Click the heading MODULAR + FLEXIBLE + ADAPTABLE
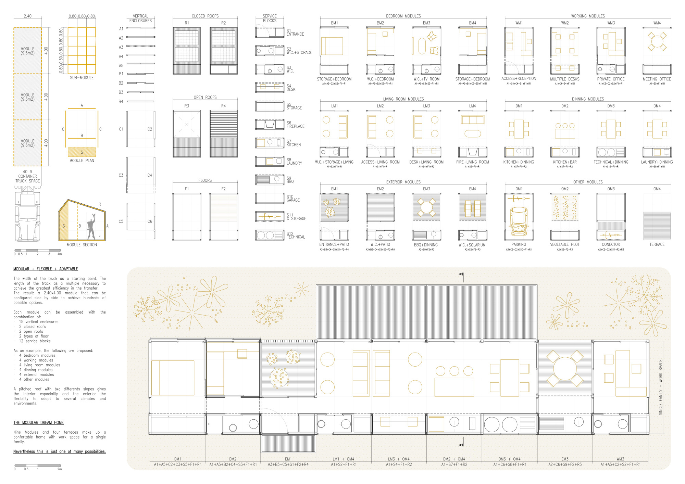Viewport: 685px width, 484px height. pyautogui.click(x=46, y=269)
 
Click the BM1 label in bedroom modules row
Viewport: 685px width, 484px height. pyautogui.click(x=334, y=23)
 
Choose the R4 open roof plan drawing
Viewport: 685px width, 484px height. pyautogui.click(x=223, y=133)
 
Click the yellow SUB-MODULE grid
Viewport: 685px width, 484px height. pyautogui.click(x=82, y=51)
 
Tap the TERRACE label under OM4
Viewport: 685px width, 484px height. pyautogui.click(x=657, y=244)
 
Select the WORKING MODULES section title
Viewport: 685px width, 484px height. pyautogui.click(x=588, y=16)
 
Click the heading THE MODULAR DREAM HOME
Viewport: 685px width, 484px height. pyautogui.click(x=38, y=423)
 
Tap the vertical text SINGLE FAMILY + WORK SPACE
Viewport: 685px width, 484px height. pyautogui.click(x=660, y=387)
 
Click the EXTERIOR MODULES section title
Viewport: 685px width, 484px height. pyautogui.click(x=403, y=182)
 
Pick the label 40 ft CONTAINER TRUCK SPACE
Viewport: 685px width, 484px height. pyautogui.click(x=27, y=176)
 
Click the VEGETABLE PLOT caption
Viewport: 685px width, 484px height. pyautogui.click(x=564, y=244)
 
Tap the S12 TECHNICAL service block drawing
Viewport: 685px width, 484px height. pyautogui.click(x=270, y=235)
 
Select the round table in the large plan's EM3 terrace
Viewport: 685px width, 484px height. pyautogui.click(x=564, y=369)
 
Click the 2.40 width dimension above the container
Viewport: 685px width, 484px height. pyautogui.click(x=27, y=16)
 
